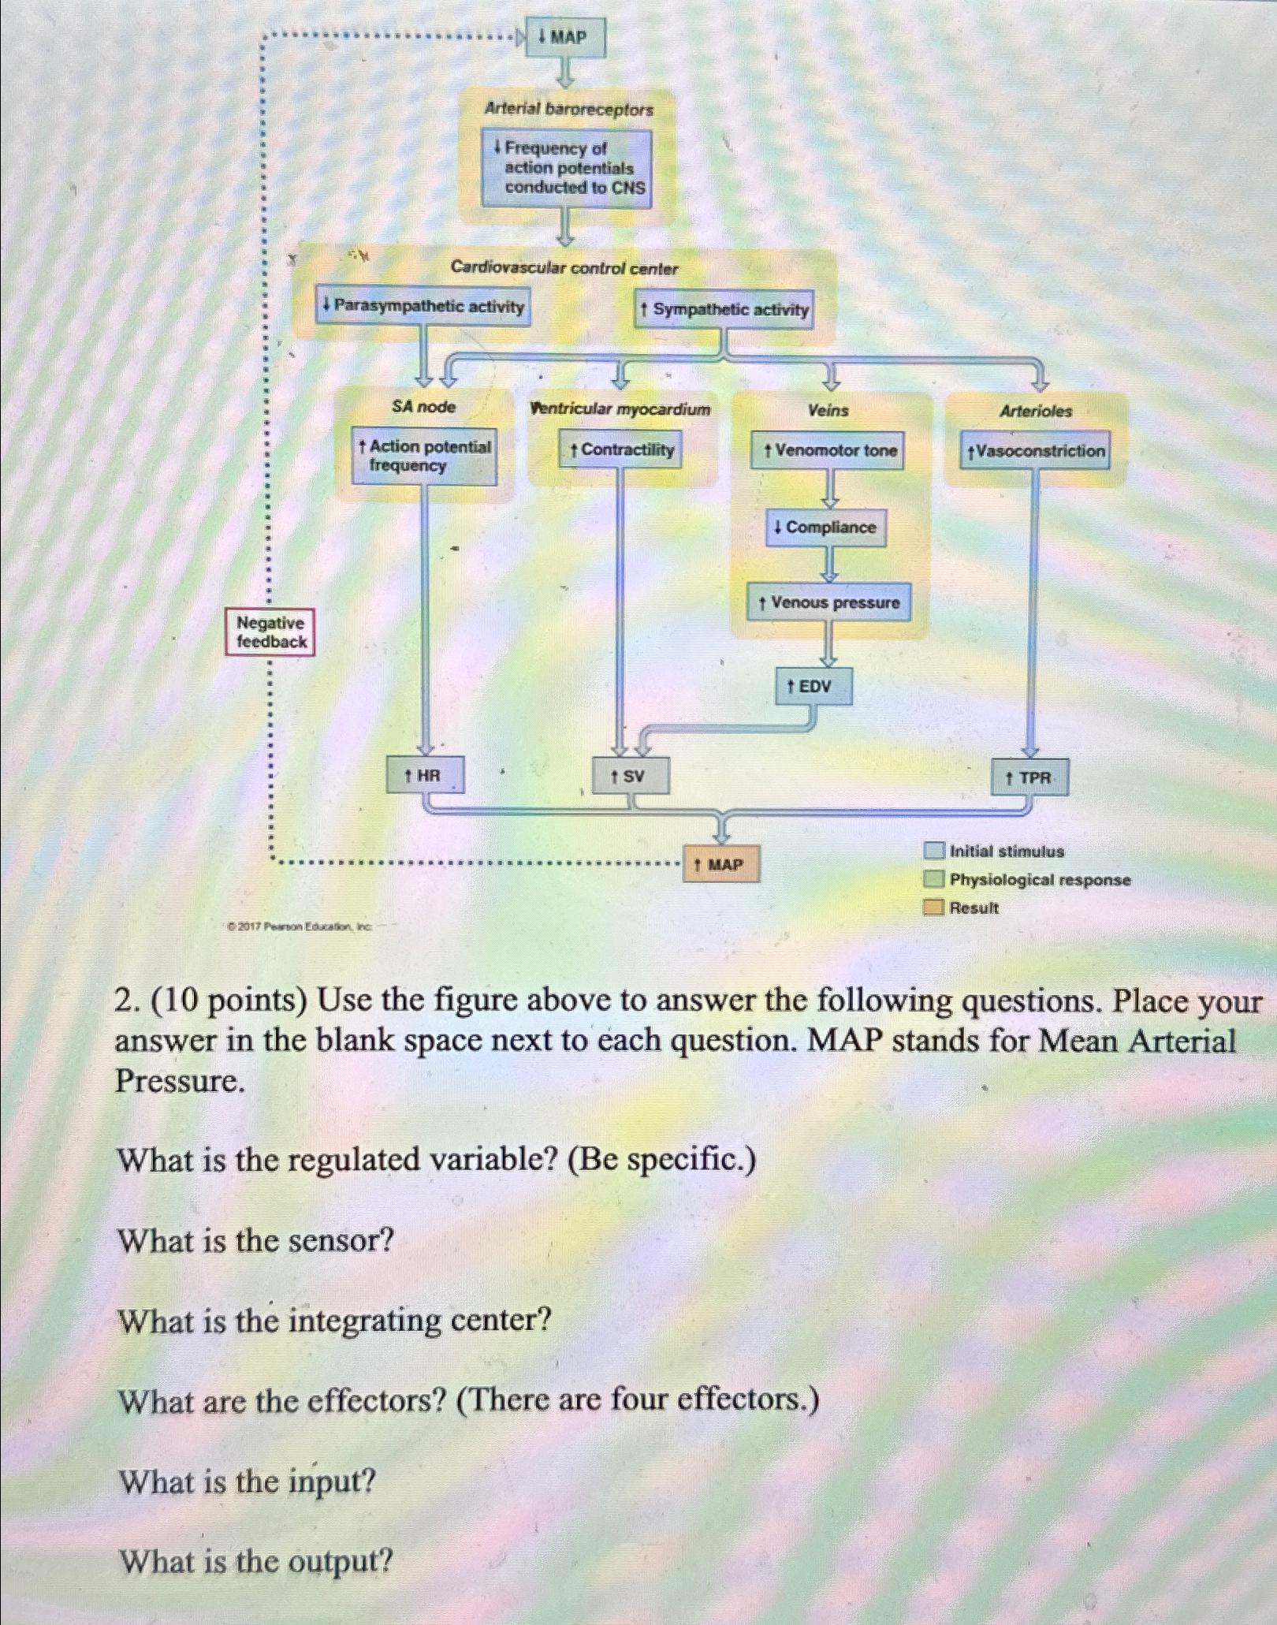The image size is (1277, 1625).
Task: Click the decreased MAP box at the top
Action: pyautogui.click(x=566, y=38)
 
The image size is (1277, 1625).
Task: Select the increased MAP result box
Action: pyautogui.click(x=721, y=864)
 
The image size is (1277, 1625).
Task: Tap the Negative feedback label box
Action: pyautogui.click(x=270, y=632)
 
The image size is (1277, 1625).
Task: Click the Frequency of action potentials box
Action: pyautogui.click(x=568, y=168)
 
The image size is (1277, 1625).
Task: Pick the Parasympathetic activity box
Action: pyautogui.click(x=423, y=306)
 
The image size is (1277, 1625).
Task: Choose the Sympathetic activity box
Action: pyautogui.click(x=724, y=309)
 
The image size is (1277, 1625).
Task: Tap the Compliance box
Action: pyautogui.click(x=826, y=527)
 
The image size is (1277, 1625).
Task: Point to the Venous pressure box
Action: pyautogui.click(x=828, y=603)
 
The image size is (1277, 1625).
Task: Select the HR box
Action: pyautogui.click(x=424, y=776)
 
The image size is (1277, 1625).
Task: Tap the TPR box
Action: pyautogui.click(x=1030, y=778)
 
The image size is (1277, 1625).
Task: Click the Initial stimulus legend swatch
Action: pyautogui.click(x=934, y=852)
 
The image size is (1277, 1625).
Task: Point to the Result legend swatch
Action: pyautogui.click(x=934, y=908)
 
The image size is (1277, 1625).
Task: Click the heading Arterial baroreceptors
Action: pyautogui.click(x=568, y=110)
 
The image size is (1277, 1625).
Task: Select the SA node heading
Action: pyautogui.click(x=424, y=407)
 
